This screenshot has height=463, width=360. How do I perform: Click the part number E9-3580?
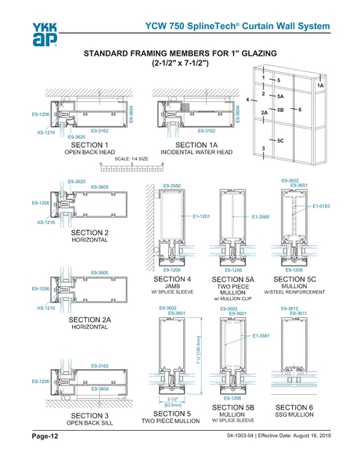pos(172,186)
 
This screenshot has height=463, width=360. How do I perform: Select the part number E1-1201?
pos(202,215)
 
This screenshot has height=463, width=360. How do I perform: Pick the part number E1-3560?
pos(260,215)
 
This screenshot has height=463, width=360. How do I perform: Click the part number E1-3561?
pos(261,335)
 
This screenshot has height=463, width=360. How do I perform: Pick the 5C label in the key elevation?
pos(280,140)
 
